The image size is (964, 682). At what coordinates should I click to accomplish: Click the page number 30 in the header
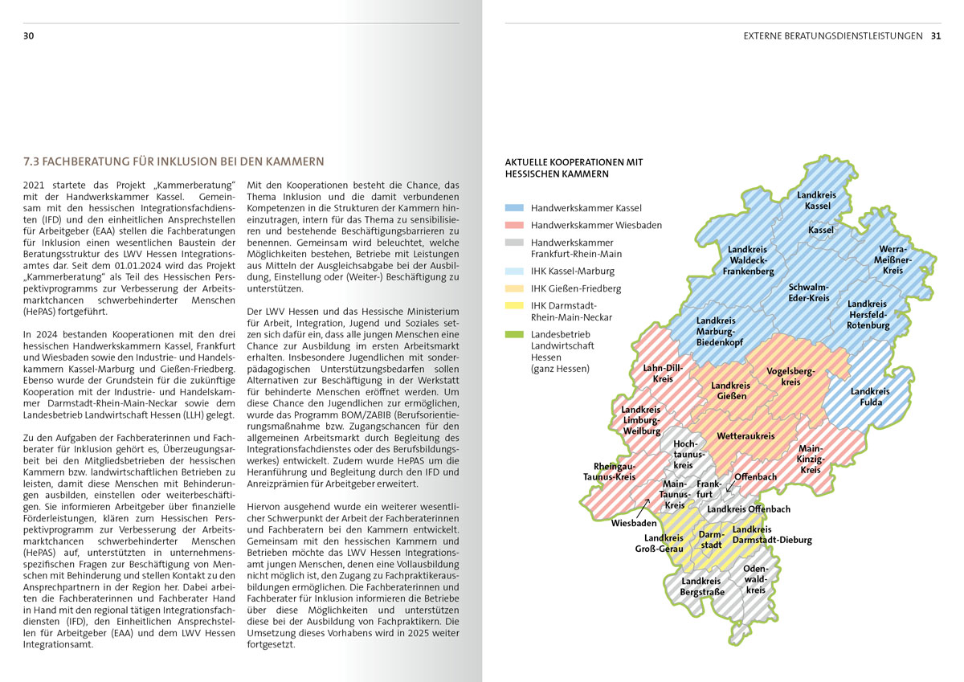pos(28,36)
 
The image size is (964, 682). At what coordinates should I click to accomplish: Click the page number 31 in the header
pos(936,36)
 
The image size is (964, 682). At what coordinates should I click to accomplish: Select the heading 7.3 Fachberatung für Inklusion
pos(174,161)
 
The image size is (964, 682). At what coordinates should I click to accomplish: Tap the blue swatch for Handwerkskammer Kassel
pos(514,207)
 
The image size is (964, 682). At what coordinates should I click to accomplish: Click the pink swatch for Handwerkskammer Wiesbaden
pos(514,225)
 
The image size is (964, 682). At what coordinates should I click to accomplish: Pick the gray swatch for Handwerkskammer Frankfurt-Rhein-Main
pos(514,243)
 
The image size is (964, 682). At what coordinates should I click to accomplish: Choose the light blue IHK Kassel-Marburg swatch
pos(514,272)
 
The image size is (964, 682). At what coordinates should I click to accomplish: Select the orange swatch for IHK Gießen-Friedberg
pos(514,288)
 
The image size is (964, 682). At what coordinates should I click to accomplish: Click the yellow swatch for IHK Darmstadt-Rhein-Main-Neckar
pos(514,305)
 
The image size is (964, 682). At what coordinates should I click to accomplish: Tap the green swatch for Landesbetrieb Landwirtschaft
pos(514,334)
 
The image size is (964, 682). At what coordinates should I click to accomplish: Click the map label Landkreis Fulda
pos(870,397)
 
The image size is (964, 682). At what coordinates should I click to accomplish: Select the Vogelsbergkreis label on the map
pos(790,376)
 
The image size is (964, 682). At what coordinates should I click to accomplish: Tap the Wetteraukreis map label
pos(745,436)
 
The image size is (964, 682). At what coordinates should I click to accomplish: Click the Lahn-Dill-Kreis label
pos(663,374)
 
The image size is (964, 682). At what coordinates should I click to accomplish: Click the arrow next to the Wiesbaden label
pos(647,503)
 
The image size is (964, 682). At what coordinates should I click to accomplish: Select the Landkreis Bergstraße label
pos(702,586)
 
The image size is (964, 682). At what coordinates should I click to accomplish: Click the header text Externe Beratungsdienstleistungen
pos(832,36)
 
